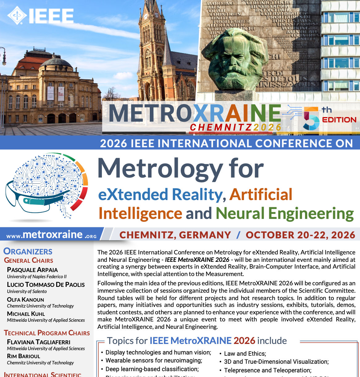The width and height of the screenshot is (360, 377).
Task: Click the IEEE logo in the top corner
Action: click(x=40, y=15)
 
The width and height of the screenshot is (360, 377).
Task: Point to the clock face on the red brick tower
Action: click(x=146, y=16)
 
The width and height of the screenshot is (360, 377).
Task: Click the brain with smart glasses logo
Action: click(x=46, y=185)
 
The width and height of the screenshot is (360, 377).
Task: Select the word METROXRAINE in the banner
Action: click(x=195, y=113)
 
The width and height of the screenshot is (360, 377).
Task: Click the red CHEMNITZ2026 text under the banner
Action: click(x=235, y=128)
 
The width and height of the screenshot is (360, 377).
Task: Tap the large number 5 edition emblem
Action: click(x=311, y=118)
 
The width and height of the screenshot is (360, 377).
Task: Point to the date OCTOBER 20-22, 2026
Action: click(x=300, y=235)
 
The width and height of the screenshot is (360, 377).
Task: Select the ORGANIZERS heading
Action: click(x=28, y=252)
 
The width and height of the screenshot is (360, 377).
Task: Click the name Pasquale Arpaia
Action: click(x=32, y=270)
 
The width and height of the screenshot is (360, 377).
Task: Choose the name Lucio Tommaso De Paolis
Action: click(x=46, y=285)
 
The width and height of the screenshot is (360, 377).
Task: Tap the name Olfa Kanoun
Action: click(x=26, y=300)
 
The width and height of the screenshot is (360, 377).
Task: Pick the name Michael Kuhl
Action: click(x=26, y=314)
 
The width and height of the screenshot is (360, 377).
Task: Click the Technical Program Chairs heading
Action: click(x=47, y=333)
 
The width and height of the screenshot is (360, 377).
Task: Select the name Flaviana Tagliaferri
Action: click(x=39, y=342)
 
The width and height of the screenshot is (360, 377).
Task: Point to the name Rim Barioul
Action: click(x=23, y=356)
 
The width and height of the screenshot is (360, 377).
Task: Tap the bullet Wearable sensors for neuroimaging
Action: click(x=154, y=360)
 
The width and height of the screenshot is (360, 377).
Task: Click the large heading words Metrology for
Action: click(x=181, y=169)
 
